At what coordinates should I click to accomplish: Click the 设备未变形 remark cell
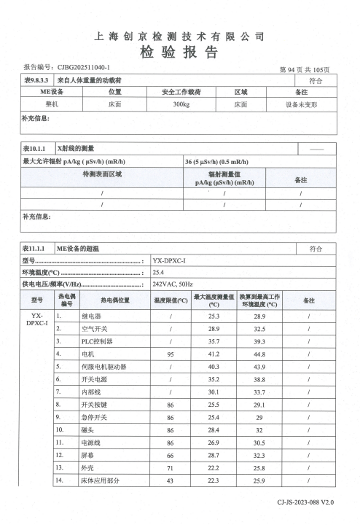pos(301,104)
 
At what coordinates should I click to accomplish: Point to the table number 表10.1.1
pos(36,148)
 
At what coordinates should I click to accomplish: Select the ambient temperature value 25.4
pos(159,271)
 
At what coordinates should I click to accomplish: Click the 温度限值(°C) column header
pos(170,300)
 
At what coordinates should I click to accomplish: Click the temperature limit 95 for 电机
pos(170,354)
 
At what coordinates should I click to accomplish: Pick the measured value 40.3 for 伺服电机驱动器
pos(214,366)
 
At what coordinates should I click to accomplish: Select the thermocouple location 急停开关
pos(94,418)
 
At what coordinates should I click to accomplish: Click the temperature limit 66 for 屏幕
pos(170,455)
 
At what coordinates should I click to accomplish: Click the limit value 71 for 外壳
pos(170,467)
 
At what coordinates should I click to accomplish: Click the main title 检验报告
pos(179,52)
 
